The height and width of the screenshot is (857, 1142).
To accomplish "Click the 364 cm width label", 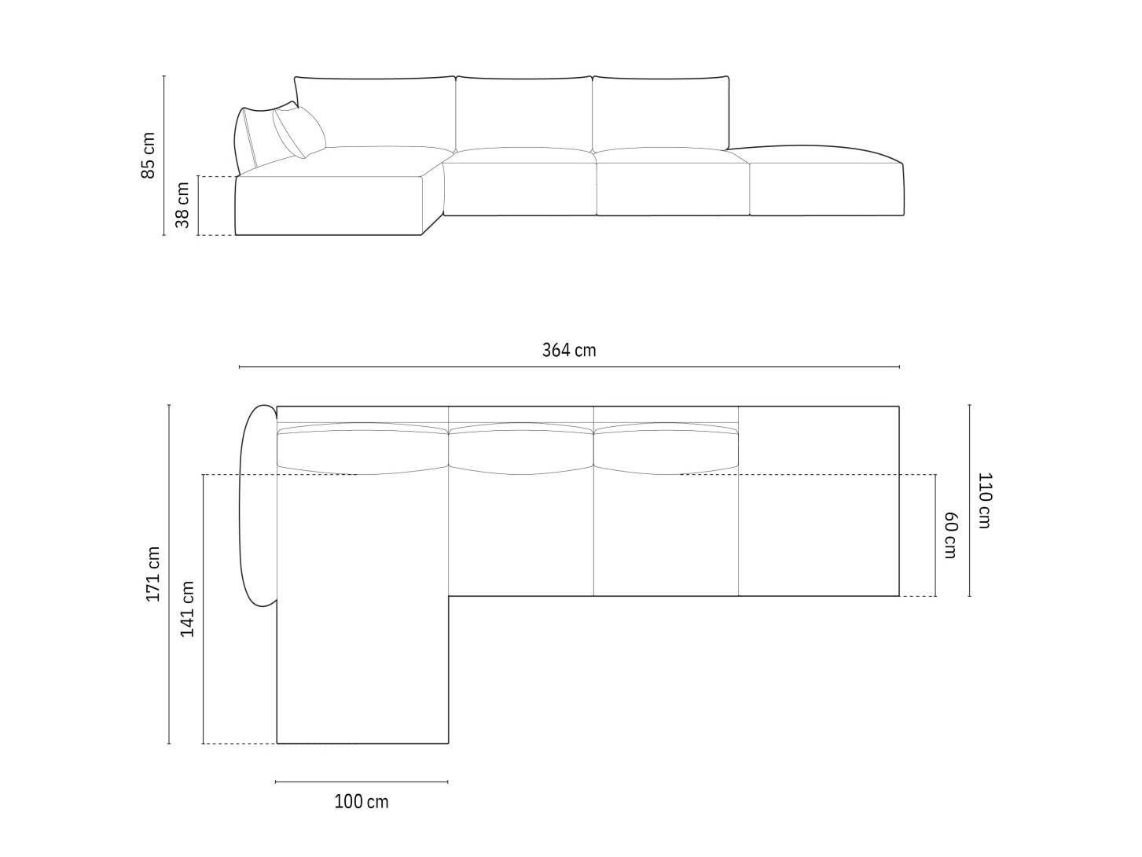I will (x=569, y=351).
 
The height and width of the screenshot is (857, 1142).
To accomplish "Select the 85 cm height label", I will (x=149, y=155).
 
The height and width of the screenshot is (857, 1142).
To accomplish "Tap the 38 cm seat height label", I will (x=182, y=205).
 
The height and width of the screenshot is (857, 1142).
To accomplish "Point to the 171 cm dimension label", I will (x=153, y=574).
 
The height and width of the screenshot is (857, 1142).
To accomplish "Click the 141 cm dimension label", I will (x=188, y=609).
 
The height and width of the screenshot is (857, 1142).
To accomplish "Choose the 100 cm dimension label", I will (x=362, y=802).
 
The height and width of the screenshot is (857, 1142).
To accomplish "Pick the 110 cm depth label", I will (x=984, y=500).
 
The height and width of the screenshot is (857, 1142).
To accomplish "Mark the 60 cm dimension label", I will (x=950, y=535).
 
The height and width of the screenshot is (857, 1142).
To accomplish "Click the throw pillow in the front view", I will (x=299, y=131).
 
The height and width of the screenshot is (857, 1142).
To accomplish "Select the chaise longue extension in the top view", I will (x=362, y=668).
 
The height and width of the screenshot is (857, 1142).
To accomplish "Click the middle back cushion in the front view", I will (x=523, y=112).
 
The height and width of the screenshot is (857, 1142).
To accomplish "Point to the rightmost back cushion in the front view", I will (x=661, y=112).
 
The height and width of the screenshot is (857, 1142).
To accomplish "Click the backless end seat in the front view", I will (x=825, y=189).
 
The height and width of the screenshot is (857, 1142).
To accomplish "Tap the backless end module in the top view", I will (x=818, y=501).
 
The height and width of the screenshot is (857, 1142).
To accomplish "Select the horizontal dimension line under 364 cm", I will (x=569, y=367).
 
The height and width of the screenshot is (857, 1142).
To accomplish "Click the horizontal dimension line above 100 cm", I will (x=362, y=782).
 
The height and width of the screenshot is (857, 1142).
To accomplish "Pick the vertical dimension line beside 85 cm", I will (x=164, y=155).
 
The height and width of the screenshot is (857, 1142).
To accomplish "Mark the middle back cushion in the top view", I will (x=520, y=449).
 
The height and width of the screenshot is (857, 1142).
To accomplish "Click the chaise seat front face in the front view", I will (x=329, y=207).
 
